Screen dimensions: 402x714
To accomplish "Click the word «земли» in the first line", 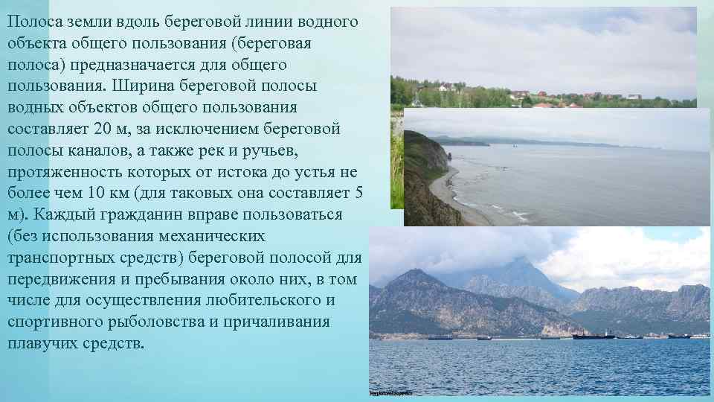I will pyautogui.click(x=84, y=22).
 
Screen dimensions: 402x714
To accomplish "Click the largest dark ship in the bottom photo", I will pyautogui.click(x=593, y=336).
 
